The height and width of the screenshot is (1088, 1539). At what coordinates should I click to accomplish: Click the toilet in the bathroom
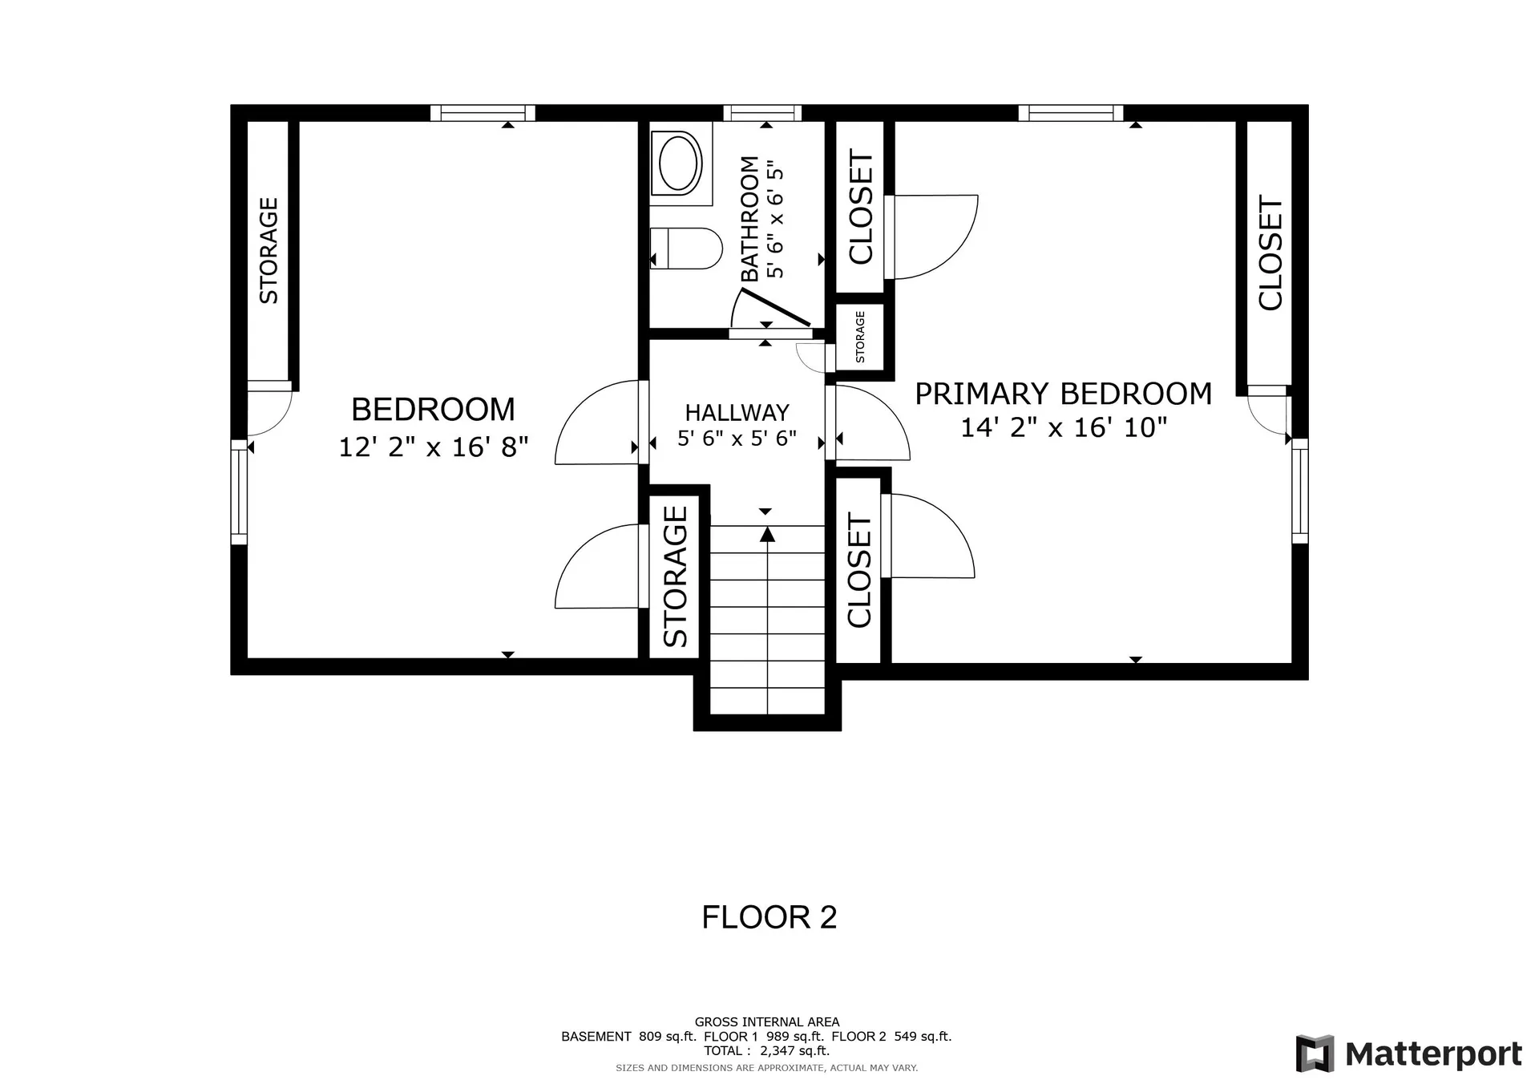[x=686, y=248]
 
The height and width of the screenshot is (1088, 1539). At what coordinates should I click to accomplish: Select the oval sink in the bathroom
[x=681, y=164]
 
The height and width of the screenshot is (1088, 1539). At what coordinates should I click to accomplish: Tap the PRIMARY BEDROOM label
[x=1064, y=394]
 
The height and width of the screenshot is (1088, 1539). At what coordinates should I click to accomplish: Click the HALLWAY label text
[x=737, y=413]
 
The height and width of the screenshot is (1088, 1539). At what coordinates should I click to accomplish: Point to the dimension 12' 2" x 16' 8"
[x=434, y=446]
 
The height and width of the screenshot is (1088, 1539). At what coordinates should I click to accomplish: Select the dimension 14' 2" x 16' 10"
[x=1064, y=427]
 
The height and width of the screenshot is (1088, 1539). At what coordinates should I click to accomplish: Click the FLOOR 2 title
[x=769, y=917]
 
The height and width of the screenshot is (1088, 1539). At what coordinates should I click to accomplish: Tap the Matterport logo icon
[x=1315, y=1054]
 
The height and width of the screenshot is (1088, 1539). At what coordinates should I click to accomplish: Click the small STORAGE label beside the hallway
[x=860, y=337]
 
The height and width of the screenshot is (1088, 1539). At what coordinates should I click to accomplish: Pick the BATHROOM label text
[x=749, y=219]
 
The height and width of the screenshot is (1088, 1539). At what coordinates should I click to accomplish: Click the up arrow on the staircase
[x=768, y=535]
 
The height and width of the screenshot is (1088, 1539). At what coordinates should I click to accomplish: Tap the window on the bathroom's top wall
[x=762, y=113]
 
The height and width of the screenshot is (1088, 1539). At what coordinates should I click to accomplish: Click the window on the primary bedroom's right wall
[x=1299, y=491]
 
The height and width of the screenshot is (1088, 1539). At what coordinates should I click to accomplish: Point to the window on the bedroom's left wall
[x=239, y=491]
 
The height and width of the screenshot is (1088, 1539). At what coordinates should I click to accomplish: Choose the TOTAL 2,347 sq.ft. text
[x=766, y=1050]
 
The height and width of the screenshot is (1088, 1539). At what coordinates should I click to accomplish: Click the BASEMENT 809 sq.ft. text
[x=628, y=1036]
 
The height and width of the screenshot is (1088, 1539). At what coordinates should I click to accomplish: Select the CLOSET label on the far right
[x=1270, y=253]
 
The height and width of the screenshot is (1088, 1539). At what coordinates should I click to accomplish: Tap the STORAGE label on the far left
[x=269, y=251]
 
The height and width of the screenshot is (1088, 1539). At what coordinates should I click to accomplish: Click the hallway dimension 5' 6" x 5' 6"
[x=737, y=439]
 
